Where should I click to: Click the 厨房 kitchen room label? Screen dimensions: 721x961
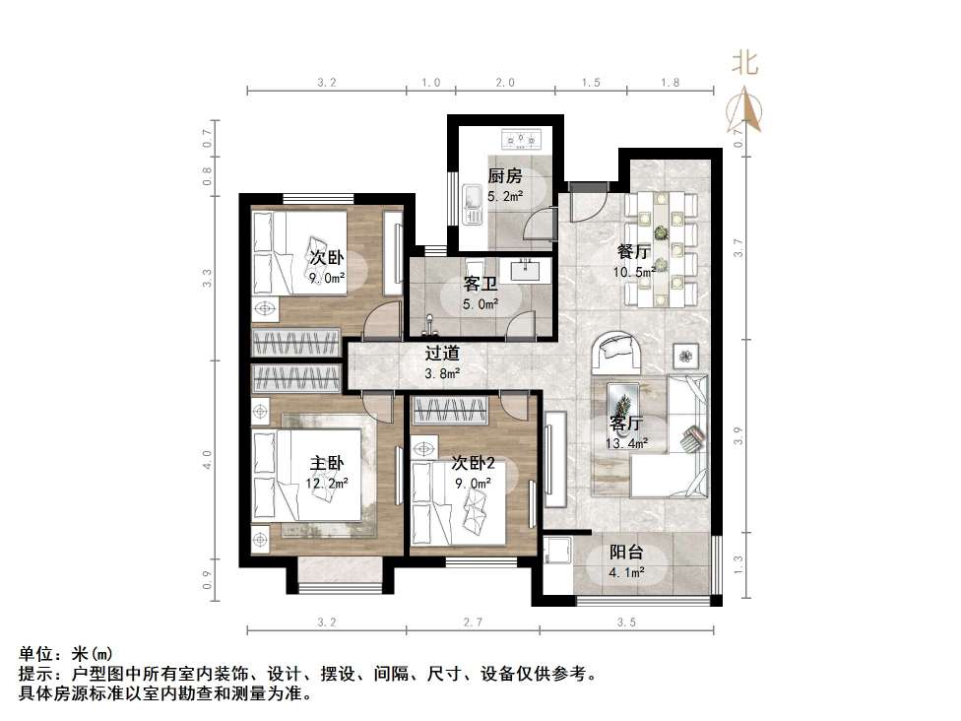(504, 177)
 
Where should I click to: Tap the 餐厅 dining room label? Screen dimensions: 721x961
(632, 251)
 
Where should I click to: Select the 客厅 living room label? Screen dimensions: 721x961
(626, 425)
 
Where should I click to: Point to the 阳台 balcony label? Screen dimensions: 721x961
(626, 554)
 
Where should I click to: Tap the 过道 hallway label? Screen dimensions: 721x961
(441, 355)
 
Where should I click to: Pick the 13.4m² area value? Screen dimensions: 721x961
(627, 443)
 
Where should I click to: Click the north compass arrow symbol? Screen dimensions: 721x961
(745, 109)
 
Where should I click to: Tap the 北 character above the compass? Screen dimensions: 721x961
(744, 63)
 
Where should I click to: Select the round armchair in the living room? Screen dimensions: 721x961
(617, 351)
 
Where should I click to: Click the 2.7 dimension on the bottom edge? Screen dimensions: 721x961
(472, 622)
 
